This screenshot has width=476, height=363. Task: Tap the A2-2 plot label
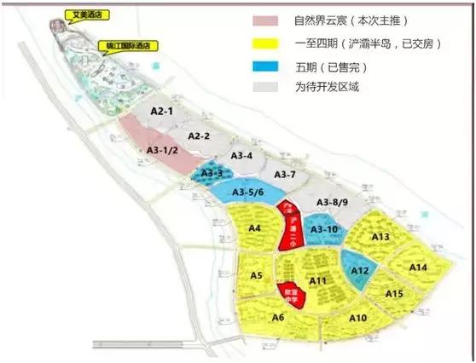pyautogui.click(x=198, y=136)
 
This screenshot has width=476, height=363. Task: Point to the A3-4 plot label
pyautogui.click(x=242, y=156)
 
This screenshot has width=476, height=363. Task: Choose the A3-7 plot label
pyautogui.click(x=284, y=175)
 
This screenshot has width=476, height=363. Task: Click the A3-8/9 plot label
pyautogui.click(x=334, y=202)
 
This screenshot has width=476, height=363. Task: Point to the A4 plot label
pyautogui.click(x=253, y=228)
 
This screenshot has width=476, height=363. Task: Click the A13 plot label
pyautogui.click(x=380, y=236)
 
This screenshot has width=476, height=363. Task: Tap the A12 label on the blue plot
pyautogui.click(x=360, y=271)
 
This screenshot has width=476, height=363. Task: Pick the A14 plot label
pyautogui.click(x=418, y=268)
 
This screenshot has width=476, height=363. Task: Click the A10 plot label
pyautogui.click(x=358, y=318)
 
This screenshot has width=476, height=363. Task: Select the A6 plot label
pyautogui.click(x=277, y=318)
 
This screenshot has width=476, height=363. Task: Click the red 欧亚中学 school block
pyautogui.click(x=294, y=295)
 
